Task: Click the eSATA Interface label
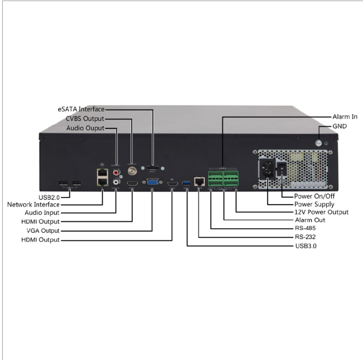(81, 109)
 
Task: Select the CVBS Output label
(85, 119)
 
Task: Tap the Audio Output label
(85, 128)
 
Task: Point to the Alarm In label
(345, 117)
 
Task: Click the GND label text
(340, 126)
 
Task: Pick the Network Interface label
(33, 205)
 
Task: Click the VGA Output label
(41, 230)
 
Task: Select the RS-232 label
(305, 237)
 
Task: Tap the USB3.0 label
(306, 246)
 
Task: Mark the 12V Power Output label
(321, 212)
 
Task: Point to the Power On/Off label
(314, 195)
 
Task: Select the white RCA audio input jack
(117, 182)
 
